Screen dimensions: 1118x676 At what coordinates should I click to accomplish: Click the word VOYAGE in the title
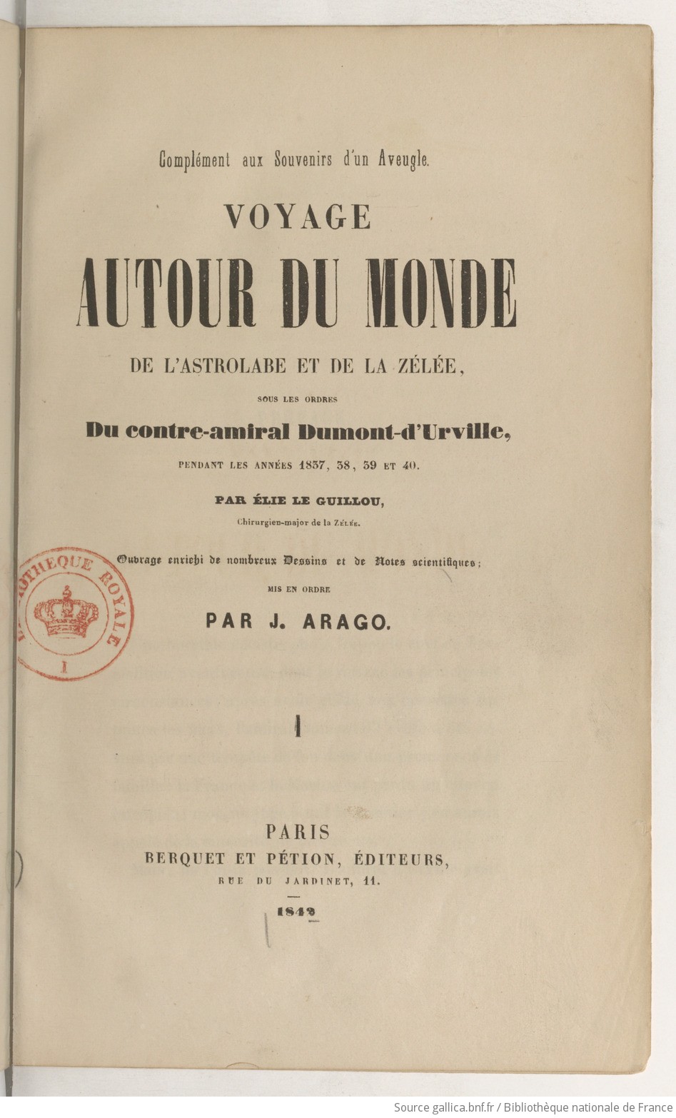[x=298, y=216]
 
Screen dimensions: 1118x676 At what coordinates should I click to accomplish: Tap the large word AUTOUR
[x=166, y=293]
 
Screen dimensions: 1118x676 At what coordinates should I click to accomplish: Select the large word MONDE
[x=440, y=293]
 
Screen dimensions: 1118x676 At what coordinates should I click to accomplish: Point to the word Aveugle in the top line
[x=404, y=160]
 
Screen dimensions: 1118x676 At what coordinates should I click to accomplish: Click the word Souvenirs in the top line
[x=303, y=160]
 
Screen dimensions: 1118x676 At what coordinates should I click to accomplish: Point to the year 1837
[x=313, y=465]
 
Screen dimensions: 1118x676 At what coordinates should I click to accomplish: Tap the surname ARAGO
[x=346, y=622]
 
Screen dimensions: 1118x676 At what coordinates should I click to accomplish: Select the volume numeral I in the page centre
[x=297, y=727]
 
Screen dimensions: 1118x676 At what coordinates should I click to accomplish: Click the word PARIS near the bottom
[x=298, y=832]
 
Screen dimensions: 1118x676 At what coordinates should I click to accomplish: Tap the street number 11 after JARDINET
[x=371, y=881]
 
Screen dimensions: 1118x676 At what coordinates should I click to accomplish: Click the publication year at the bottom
[x=297, y=912]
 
